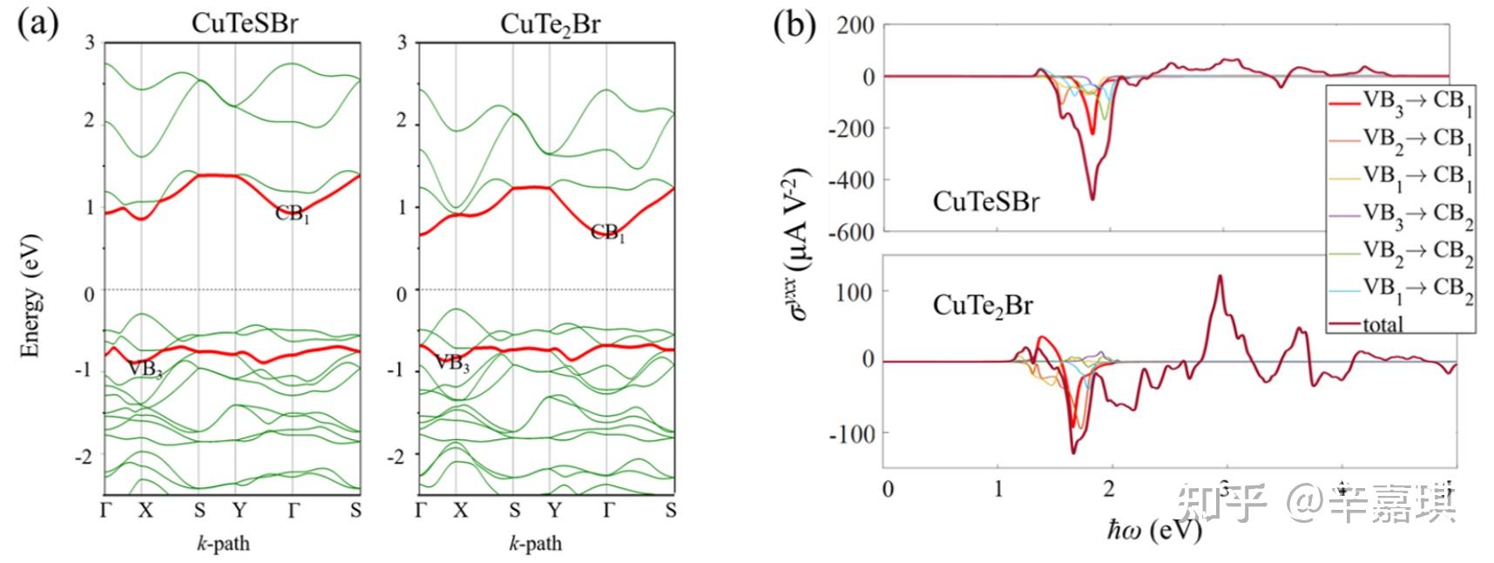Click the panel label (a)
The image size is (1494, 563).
coord(37,24)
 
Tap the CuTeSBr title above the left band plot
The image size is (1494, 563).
coord(244,24)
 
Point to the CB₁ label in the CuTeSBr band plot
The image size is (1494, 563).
coord(293,214)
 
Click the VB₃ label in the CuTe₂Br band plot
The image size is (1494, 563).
coord(451,363)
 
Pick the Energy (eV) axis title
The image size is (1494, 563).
coord(31,295)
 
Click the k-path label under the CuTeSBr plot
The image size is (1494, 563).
coord(221,544)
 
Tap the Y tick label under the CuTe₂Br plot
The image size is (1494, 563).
coord(553,511)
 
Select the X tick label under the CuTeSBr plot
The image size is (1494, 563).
coord(144,511)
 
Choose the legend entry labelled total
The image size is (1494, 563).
coord(1382,325)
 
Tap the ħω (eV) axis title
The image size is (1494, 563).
coord(1154,530)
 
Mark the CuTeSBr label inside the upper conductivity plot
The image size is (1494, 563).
coord(985,202)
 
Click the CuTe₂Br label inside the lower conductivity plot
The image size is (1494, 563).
coord(983,306)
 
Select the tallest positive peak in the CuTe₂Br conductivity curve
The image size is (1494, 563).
coord(1219,276)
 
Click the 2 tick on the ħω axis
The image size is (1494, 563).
coord(1109,489)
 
